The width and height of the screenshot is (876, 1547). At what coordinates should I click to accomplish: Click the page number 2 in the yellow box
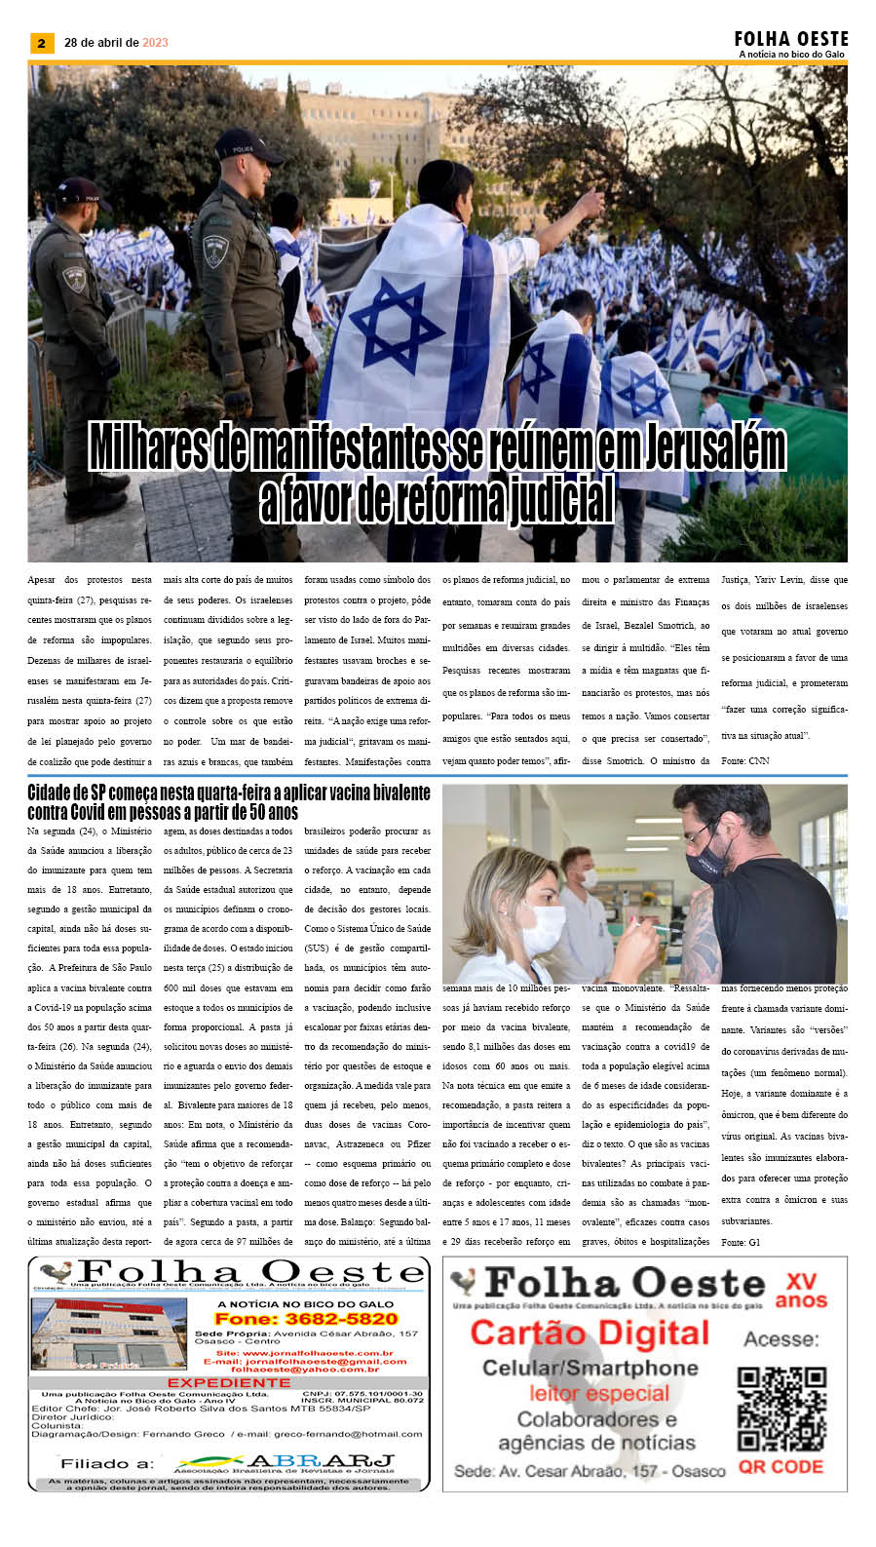click(42, 43)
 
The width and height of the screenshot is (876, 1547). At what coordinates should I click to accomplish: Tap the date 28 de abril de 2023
click(116, 43)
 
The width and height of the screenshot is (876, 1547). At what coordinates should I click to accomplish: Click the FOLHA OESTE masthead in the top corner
click(791, 39)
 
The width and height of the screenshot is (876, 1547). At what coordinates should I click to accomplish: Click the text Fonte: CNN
click(744, 760)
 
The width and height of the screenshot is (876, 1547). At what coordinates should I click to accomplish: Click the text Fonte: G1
click(741, 1242)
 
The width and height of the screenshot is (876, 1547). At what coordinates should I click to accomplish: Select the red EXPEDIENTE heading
click(228, 1382)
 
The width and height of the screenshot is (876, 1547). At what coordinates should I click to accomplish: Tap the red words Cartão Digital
click(590, 1333)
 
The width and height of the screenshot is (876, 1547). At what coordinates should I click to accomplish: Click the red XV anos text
click(801, 1291)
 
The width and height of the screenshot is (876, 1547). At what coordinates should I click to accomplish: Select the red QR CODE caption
click(781, 1467)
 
